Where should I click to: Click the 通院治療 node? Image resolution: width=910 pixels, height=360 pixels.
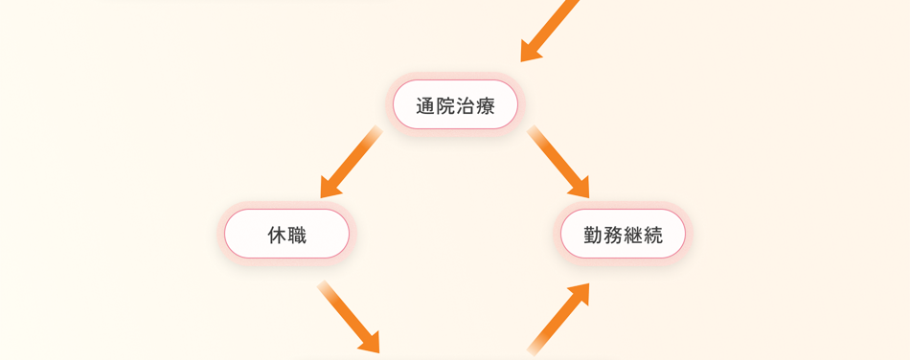click(455, 104)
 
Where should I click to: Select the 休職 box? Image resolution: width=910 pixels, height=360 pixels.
click(286, 234)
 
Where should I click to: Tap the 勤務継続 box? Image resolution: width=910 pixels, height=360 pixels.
click(623, 234)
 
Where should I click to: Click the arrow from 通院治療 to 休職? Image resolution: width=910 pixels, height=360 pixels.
click(351, 162)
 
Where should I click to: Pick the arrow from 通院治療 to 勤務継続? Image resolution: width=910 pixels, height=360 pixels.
click(558, 162)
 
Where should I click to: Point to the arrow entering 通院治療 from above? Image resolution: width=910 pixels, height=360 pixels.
click(550, 31)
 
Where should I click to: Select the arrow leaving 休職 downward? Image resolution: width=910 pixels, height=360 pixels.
click(349, 317)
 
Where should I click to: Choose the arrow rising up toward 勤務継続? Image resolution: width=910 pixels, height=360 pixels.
click(558, 318)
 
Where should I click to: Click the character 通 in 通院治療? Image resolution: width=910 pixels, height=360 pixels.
click(425, 105)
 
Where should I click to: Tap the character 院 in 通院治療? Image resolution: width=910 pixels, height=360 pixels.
click(445, 105)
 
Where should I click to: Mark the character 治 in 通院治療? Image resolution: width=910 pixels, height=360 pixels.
click(465, 105)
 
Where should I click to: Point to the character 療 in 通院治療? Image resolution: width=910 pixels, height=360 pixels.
click(485, 105)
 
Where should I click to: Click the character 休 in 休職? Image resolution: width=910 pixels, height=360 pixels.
click(277, 235)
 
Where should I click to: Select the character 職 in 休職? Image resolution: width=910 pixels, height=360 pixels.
click(297, 235)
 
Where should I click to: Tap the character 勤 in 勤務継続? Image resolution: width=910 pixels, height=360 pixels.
click(593, 235)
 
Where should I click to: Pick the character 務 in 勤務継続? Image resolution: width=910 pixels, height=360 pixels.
click(613, 235)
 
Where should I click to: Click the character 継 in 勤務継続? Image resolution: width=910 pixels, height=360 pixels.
click(632, 235)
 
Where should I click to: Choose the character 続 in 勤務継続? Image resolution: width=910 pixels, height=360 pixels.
click(652, 235)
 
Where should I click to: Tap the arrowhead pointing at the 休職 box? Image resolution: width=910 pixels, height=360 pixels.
click(330, 188)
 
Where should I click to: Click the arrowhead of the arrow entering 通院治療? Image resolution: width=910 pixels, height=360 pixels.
click(530, 51)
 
